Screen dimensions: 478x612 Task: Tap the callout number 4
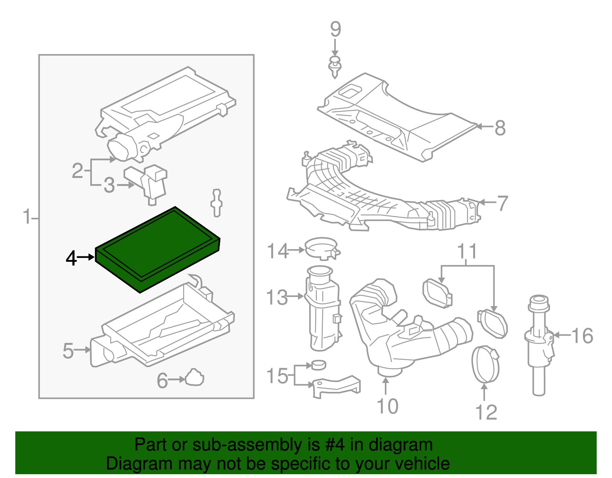pyautogui.click(x=71, y=258)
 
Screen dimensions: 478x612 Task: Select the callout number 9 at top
pyautogui.click(x=335, y=29)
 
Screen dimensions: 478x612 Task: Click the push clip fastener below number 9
pyautogui.click(x=335, y=67)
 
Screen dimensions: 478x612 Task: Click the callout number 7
pyautogui.click(x=502, y=203)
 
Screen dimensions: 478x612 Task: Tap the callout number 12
pyautogui.click(x=486, y=412)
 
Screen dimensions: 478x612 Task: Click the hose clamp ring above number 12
pyautogui.click(x=485, y=364)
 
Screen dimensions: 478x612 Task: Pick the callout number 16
pyautogui.click(x=582, y=336)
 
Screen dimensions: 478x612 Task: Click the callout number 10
pyautogui.click(x=387, y=406)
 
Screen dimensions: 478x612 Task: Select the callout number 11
pyautogui.click(x=467, y=251)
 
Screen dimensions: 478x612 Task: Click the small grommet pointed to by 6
pyautogui.click(x=195, y=378)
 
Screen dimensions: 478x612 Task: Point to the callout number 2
pyautogui.click(x=77, y=170)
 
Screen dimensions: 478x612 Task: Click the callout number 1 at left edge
pyautogui.click(x=26, y=217)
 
